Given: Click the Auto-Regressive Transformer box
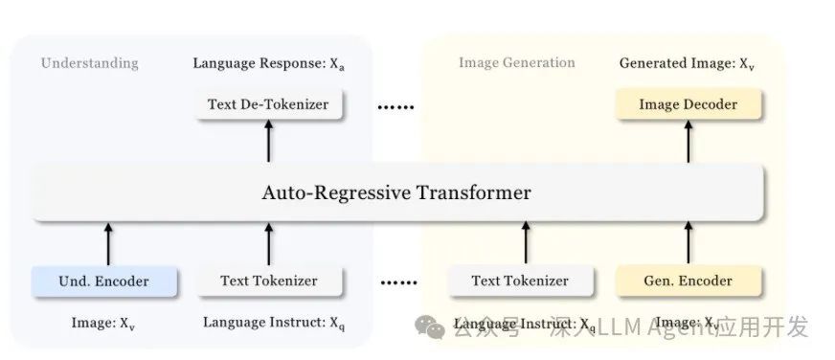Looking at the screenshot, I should point(396,193).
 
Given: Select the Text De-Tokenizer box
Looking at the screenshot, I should point(268,103).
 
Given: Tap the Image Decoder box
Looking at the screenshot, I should point(689,103).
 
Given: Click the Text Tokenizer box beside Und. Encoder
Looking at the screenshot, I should point(268,281).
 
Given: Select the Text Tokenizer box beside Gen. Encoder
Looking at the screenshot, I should point(520,281).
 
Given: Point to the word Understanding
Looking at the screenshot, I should point(89,63).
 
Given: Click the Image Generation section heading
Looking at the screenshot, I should point(516,63).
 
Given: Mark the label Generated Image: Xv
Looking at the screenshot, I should point(687,63).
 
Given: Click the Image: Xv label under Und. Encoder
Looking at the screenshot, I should point(103,323).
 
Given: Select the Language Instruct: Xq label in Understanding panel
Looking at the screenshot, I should point(273,323).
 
